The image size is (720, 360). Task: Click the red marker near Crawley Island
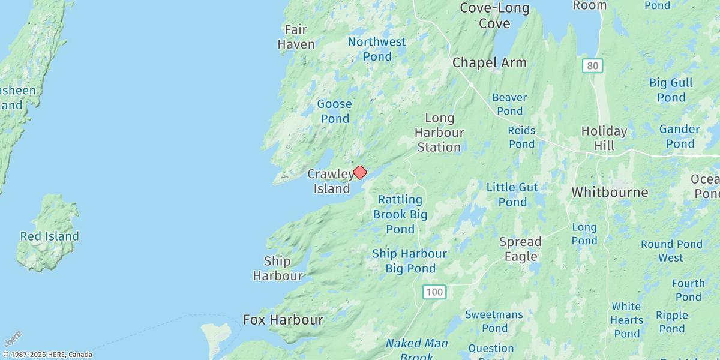[x=359, y=172]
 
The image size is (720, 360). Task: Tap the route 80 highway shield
[x=592, y=66]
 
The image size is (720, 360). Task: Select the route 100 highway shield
[x=434, y=292]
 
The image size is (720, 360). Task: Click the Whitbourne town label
[x=610, y=192]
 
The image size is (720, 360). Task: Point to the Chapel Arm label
[x=489, y=62]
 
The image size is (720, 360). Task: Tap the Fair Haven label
[x=296, y=37]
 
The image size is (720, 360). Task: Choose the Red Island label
[x=49, y=236]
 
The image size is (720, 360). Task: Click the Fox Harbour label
[x=283, y=320]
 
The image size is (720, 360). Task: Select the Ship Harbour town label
[x=277, y=268]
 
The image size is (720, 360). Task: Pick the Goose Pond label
[x=335, y=111]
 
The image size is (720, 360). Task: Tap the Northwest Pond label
[x=377, y=49]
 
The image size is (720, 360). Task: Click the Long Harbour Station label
[x=439, y=132]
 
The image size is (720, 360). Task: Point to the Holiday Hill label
[x=604, y=138]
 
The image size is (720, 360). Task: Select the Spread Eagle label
[x=520, y=249]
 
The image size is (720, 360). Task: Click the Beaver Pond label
[x=509, y=104]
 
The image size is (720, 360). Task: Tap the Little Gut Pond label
[x=512, y=194]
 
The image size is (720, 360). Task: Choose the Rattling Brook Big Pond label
[x=400, y=214]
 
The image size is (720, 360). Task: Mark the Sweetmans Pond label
[x=494, y=321]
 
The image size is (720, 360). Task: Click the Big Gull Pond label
[x=671, y=90]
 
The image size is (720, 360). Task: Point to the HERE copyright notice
[x=47, y=354]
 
